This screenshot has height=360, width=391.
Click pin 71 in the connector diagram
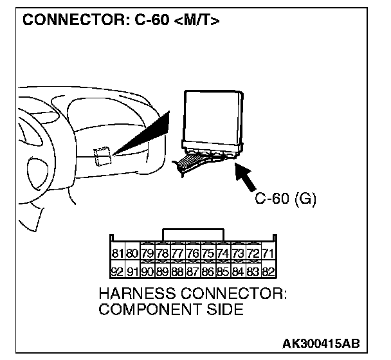click(268, 253)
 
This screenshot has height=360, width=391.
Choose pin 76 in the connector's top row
click(193, 253)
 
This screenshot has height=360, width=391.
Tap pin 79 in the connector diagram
click(147, 253)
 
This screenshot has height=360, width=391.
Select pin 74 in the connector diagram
click(223, 253)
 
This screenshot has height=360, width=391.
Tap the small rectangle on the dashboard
click(102, 156)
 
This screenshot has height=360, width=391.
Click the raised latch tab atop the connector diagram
click(194, 233)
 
